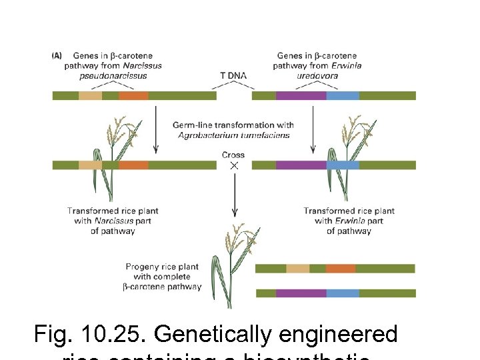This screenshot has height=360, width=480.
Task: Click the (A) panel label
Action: (57, 56)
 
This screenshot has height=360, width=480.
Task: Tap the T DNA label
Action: (233, 75)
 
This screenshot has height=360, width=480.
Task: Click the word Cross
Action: (233, 155)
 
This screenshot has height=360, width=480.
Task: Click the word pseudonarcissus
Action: (113, 75)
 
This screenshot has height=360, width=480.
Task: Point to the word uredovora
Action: (317, 75)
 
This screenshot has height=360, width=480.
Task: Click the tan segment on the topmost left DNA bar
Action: (90, 95)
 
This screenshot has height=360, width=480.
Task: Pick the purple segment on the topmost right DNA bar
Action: (301, 95)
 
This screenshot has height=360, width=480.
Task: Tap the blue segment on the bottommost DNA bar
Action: (343, 293)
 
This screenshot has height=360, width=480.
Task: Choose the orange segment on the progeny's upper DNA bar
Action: (341, 268)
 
